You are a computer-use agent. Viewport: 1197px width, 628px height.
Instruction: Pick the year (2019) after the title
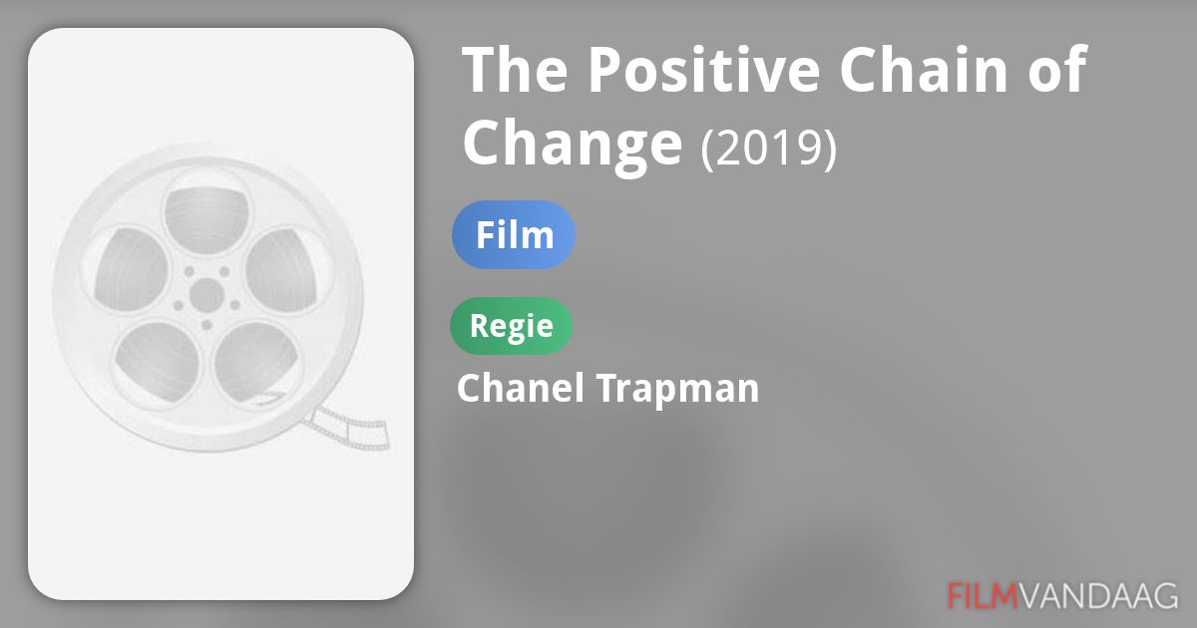pyautogui.click(x=768, y=149)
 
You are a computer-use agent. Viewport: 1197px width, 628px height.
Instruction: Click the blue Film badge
pyautogui.click(x=514, y=235)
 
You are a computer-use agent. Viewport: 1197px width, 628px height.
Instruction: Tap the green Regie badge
pyautogui.click(x=511, y=326)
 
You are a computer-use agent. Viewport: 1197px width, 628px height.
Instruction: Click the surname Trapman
pyautogui.click(x=678, y=389)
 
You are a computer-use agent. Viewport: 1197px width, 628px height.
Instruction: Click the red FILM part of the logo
pyautogui.click(x=982, y=595)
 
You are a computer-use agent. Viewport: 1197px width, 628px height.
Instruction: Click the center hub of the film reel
pyautogui.click(x=206, y=294)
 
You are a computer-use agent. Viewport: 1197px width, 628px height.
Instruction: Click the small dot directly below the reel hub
pyautogui.click(x=206, y=325)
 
